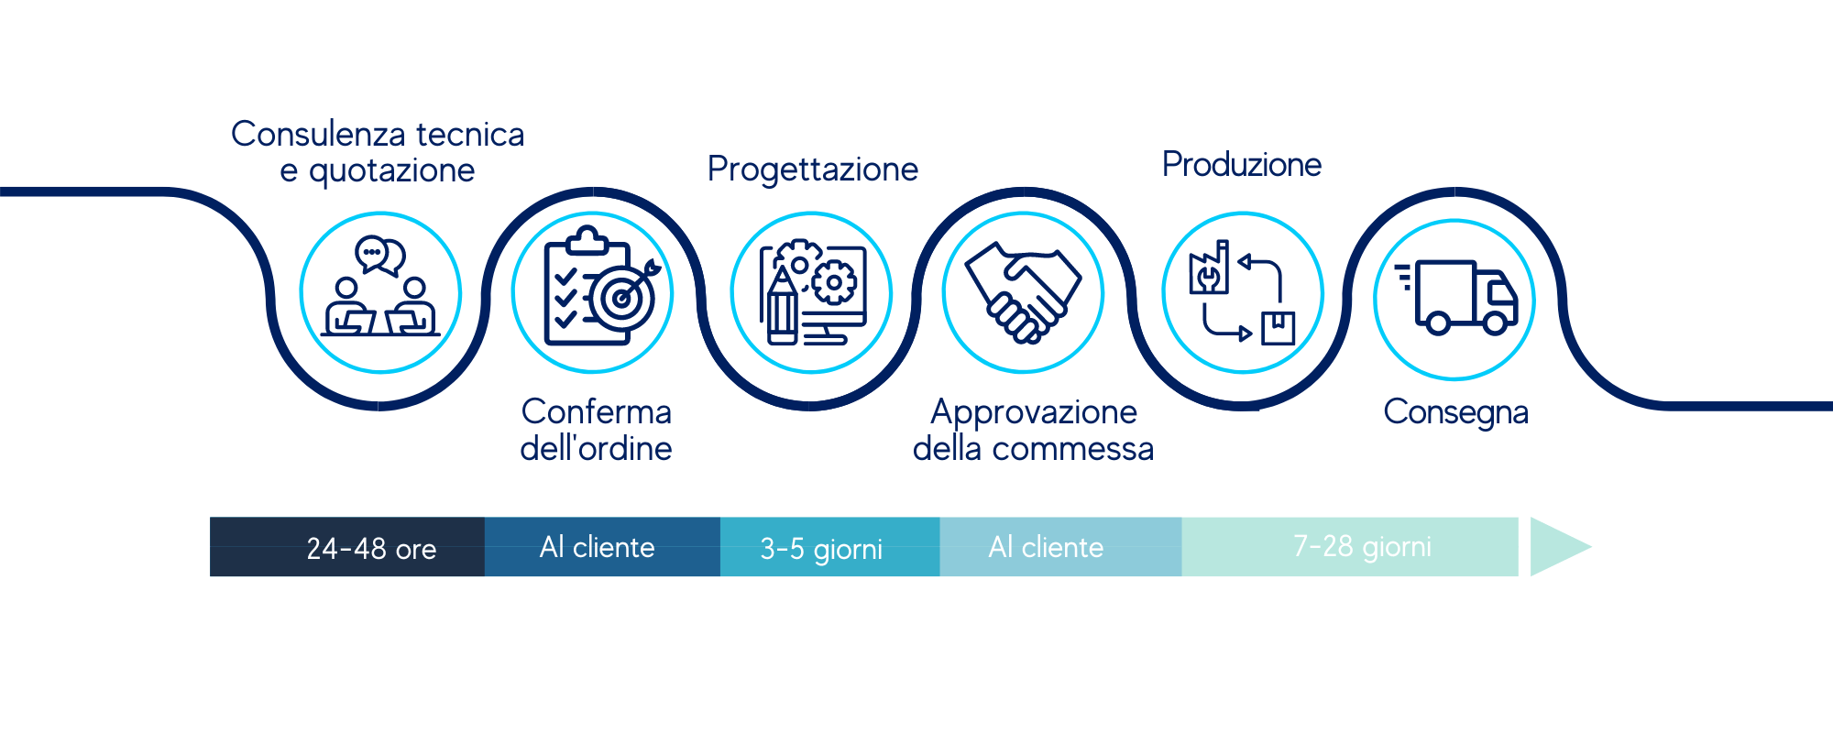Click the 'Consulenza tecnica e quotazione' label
point(378,152)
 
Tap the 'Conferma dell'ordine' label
point(597,430)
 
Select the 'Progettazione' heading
point(813,170)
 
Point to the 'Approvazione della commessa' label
point(1034,430)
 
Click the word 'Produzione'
point(1242,165)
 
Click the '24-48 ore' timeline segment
point(347,547)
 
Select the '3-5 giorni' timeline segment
point(830,547)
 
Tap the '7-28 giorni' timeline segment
point(1350,547)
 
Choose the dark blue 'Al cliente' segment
point(602,547)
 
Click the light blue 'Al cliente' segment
point(1061,547)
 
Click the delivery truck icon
point(1456,297)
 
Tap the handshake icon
point(1024,292)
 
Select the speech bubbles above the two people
point(380,256)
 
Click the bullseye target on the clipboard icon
point(623,298)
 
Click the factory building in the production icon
point(1209,268)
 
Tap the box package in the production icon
point(1278,328)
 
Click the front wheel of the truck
point(1497,323)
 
